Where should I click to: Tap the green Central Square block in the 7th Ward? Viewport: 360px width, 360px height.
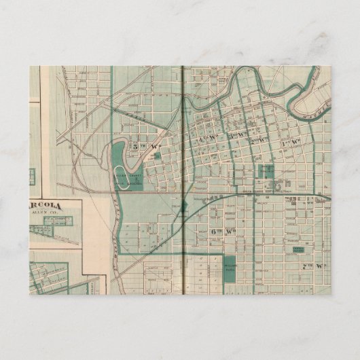click(298, 250)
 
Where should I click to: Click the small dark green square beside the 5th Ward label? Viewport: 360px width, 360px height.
click(158, 155)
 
